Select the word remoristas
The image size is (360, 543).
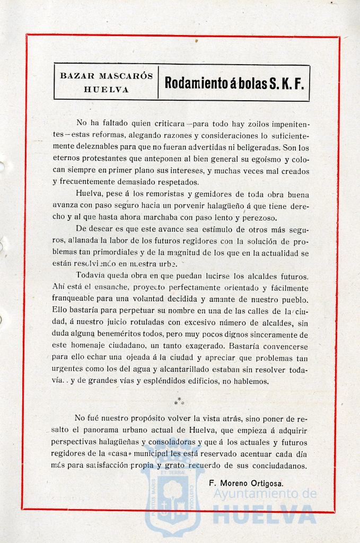[x=147, y=193]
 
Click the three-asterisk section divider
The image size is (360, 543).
[x=179, y=401]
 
